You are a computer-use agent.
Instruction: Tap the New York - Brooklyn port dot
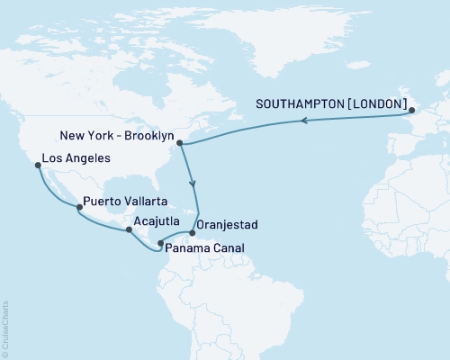(181, 142)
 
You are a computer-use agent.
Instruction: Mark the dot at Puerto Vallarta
(79, 208)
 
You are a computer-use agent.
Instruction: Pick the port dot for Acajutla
(129, 229)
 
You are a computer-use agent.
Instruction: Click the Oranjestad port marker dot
(192, 231)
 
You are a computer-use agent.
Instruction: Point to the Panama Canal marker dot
(160, 243)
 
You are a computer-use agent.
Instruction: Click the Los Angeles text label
(76, 157)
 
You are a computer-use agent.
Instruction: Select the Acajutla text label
(159, 220)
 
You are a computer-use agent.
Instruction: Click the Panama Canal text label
(204, 247)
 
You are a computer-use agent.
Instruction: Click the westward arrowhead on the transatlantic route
(305, 121)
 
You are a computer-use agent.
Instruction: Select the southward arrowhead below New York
(193, 184)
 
